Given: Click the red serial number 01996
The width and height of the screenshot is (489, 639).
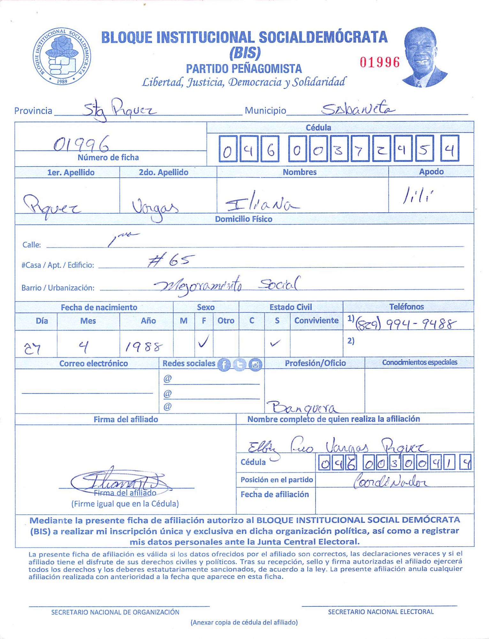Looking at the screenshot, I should pyautogui.click(x=379, y=62).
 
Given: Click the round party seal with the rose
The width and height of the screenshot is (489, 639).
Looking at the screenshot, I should pyautogui.click(x=62, y=56).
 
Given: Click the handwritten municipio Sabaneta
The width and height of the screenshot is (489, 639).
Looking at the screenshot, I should pyautogui.click(x=358, y=109).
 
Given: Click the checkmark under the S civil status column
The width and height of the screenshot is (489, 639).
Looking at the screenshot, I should pyautogui.click(x=275, y=344).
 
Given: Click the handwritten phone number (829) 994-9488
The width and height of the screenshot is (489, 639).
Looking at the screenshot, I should pyautogui.click(x=406, y=324).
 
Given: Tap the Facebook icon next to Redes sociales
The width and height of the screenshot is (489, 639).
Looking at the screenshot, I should pyautogui.click(x=224, y=364).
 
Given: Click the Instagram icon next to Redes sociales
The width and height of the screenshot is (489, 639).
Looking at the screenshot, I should pyautogui.click(x=255, y=364).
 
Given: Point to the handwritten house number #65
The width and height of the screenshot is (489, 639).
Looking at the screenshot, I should pyautogui.click(x=171, y=261).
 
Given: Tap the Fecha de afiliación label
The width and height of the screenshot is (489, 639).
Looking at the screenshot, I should pyautogui.click(x=275, y=495).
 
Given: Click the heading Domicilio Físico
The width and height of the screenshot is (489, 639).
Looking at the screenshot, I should pyautogui.click(x=243, y=219).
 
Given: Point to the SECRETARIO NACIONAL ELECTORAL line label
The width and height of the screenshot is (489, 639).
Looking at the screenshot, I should pyautogui.click(x=381, y=612).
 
